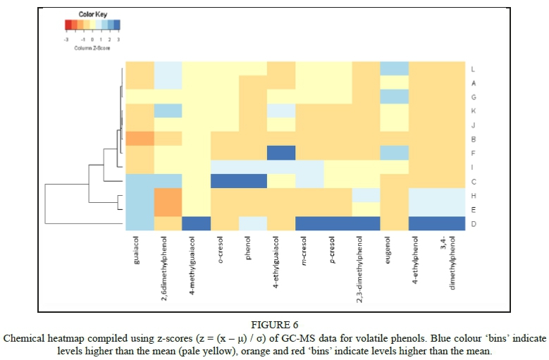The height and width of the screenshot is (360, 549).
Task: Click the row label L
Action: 472,68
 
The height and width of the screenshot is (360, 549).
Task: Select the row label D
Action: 472,223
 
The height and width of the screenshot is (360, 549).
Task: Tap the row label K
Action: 472,111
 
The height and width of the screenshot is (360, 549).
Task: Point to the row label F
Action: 472,153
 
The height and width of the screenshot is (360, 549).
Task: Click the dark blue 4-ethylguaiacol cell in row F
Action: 281,153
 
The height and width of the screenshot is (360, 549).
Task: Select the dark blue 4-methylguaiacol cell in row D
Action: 197,223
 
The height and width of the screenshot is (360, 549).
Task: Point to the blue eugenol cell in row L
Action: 394,68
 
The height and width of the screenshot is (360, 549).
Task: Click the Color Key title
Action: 92,15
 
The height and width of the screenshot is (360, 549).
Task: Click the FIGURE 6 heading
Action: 274,325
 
